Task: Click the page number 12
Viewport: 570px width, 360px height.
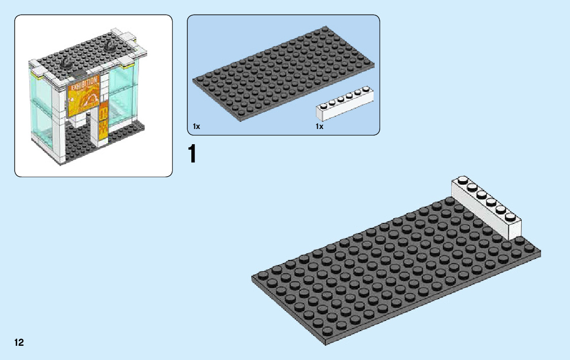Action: [x=19, y=342]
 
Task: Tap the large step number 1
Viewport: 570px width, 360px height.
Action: [x=192, y=154]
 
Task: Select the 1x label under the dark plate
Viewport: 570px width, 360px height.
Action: [x=196, y=126]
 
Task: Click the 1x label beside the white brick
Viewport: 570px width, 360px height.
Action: [x=319, y=126]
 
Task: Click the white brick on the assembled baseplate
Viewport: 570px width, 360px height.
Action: [x=487, y=211]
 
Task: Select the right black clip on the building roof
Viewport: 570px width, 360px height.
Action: [x=110, y=46]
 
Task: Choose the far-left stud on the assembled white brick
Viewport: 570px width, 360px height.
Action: [x=462, y=179]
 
